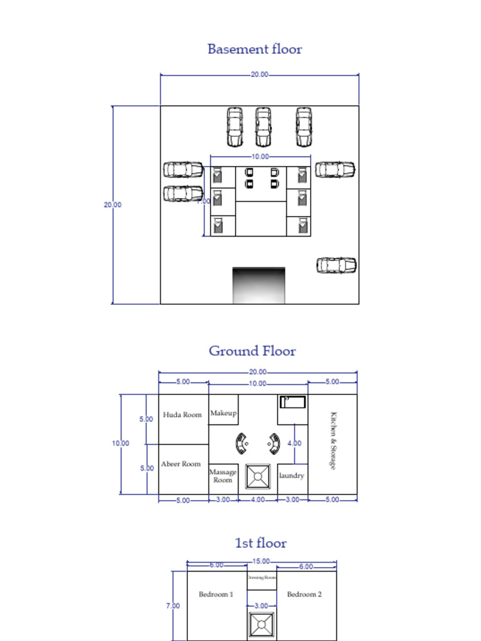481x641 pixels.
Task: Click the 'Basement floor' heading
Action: [x=254, y=49]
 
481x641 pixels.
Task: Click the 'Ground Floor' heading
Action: [x=252, y=351]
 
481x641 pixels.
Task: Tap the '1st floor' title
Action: [x=261, y=543]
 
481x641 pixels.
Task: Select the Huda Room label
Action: [x=182, y=414]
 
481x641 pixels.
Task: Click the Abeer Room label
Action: [x=181, y=464]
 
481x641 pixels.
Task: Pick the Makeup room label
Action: [x=223, y=413]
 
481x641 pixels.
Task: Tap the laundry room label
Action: [x=291, y=476]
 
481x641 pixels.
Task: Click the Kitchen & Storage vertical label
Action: [x=333, y=441]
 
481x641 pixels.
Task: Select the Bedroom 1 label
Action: [x=216, y=594]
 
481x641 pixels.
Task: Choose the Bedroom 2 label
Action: [x=304, y=594]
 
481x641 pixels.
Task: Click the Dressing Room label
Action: [x=262, y=578]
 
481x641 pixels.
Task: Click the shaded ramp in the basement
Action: [x=259, y=285]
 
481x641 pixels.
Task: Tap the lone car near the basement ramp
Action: [x=336, y=265]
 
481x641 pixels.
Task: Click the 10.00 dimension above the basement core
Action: [x=260, y=156]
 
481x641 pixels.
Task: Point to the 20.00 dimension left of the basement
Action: [x=113, y=205]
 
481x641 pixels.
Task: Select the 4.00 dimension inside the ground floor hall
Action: [x=294, y=443]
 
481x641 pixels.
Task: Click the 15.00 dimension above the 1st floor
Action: [x=261, y=562]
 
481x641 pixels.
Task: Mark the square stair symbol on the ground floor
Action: [x=257, y=476]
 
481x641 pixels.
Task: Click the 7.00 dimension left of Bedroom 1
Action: [x=173, y=606]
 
